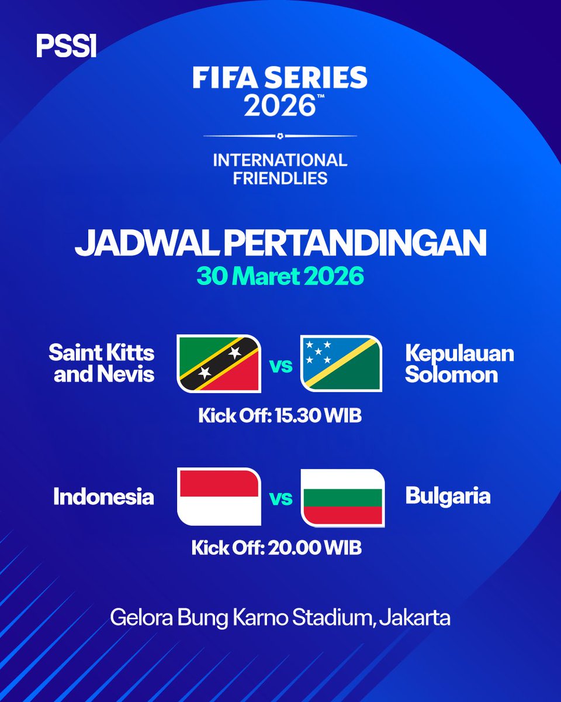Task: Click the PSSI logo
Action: pyautogui.click(x=66, y=46)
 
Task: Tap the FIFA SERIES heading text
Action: pyautogui.click(x=280, y=77)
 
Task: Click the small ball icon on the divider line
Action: pyautogui.click(x=280, y=136)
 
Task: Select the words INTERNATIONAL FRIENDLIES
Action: pyautogui.click(x=280, y=168)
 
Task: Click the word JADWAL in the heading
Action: pyautogui.click(x=146, y=245)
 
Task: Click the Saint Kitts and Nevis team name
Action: pyautogui.click(x=102, y=363)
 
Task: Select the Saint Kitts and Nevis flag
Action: pyautogui.click(x=219, y=363)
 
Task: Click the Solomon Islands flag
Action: pyautogui.click(x=341, y=363)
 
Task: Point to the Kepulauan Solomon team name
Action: pyautogui.click(x=459, y=363)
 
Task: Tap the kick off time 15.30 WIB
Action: pyautogui.click(x=280, y=417)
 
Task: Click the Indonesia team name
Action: pyautogui.click(x=103, y=497)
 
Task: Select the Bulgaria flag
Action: pyautogui.click(x=342, y=496)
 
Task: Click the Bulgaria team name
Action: pyautogui.click(x=448, y=497)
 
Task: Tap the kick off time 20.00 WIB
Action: pyautogui.click(x=277, y=548)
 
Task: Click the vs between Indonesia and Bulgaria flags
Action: pyautogui.click(x=280, y=498)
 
